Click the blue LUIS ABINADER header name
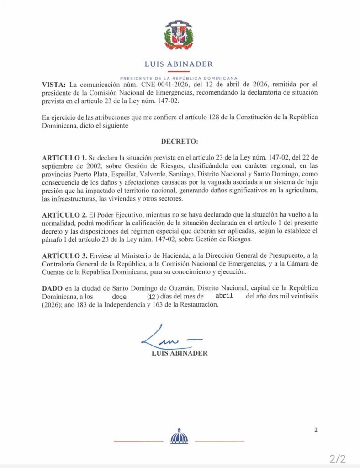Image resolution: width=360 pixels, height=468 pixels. pyautogui.click(x=179, y=64)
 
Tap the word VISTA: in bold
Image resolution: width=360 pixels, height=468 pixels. pyautogui.click(x=54, y=85)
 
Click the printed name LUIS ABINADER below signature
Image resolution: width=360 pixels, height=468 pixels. pyautogui.click(x=180, y=353)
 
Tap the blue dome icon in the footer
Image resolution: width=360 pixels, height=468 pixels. pyautogui.click(x=179, y=437)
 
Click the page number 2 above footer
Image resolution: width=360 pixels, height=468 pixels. pyautogui.click(x=315, y=430)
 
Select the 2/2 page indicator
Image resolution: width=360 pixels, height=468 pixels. pyautogui.click(x=338, y=458)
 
